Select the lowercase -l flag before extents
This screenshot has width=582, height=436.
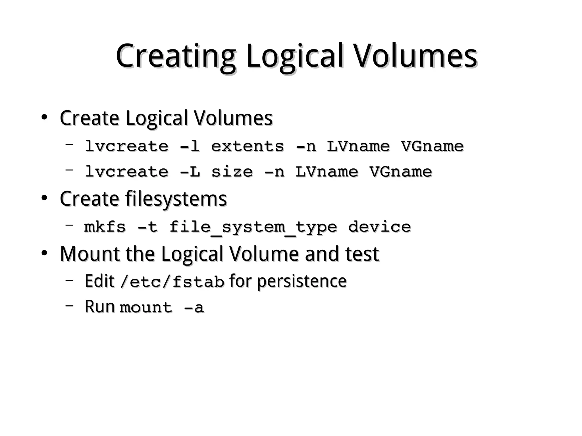click(x=190, y=146)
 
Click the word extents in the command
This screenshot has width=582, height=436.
click(x=247, y=146)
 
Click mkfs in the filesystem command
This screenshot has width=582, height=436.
click(x=105, y=227)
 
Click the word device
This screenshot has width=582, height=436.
click(x=379, y=227)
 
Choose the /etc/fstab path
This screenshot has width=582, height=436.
click(x=172, y=281)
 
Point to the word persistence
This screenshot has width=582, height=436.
click(x=302, y=281)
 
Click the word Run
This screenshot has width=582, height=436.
click(x=99, y=306)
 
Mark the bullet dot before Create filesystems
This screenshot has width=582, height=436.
click(x=44, y=198)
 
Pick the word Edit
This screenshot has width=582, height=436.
click(x=99, y=281)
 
